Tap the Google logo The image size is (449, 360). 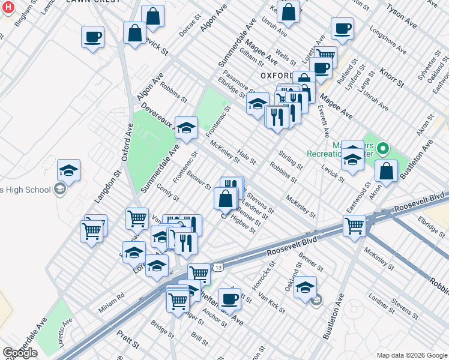coord(20,353)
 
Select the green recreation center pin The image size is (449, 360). coord(381,148)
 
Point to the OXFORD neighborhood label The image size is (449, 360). coord(277,75)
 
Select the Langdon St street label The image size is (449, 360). coord(107,187)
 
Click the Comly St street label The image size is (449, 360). coord(167,192)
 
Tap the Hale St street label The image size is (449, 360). coord(246,157)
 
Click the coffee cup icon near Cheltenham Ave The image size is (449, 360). coord(229,298)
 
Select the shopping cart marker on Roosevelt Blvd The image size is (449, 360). coord(354,226)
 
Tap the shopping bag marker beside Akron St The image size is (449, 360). coord(386,170)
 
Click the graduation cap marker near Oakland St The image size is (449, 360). coord(305,286)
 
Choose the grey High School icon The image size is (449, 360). coord(59,190)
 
